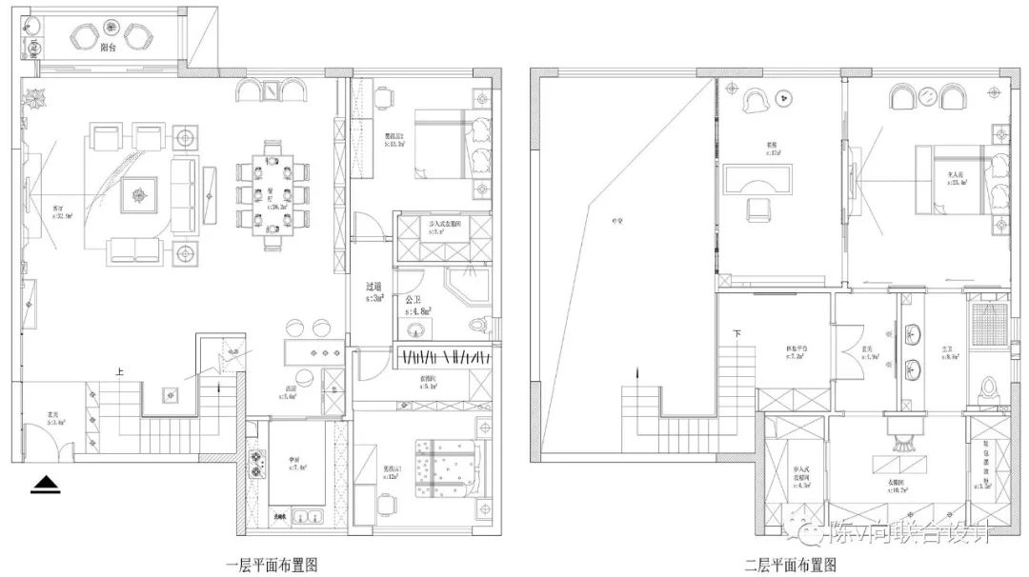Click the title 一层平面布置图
(x=272, y=564)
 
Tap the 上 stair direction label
(x=120, y=374)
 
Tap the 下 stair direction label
(x=736, y=334)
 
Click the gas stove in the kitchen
(x=255, y=466)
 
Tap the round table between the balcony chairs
(x=111, y=35)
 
